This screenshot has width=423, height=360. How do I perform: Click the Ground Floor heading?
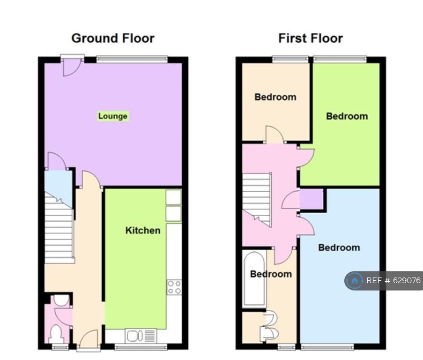coord(113,38)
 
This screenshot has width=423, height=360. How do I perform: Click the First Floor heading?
coord(311,38)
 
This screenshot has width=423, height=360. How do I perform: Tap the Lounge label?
coord(113,116)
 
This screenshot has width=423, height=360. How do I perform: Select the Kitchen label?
coord(143,230)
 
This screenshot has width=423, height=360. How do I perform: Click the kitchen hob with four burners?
coord(174,287)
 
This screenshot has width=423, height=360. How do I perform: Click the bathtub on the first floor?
coord(254,279)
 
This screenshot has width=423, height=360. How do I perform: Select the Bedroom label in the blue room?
coord(339,247)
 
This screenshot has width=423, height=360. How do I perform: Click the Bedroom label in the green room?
coord(347,116)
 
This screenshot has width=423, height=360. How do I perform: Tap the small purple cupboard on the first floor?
coord(312,199)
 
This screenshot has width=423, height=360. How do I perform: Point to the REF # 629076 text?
coord(393,281)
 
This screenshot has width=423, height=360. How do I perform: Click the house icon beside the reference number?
coord(354,281)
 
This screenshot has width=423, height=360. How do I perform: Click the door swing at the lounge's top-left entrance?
coord(72,67)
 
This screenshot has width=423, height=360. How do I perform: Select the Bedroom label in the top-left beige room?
coord(275,97)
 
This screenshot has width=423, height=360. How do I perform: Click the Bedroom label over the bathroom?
coord(271,274)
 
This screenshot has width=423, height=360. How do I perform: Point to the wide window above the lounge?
coord(132,59)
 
